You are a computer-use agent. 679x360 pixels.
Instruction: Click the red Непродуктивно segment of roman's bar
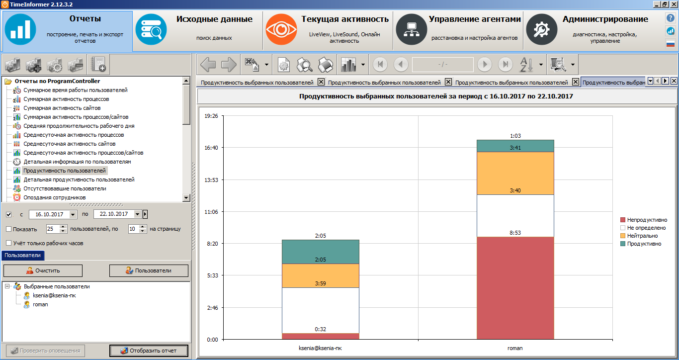515,288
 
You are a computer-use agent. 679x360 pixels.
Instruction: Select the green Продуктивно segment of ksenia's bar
320,252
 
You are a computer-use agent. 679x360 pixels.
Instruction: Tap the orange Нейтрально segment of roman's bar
515,173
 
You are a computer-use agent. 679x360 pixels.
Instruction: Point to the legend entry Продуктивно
644,244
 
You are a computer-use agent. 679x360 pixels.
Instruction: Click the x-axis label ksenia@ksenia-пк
320,348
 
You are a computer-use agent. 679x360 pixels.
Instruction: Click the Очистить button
43,270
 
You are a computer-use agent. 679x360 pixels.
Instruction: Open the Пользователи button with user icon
149,270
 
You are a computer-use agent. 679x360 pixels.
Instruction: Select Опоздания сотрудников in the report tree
54,197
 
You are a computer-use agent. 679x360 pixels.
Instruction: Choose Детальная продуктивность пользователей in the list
79,180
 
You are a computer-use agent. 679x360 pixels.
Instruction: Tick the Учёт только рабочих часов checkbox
9,243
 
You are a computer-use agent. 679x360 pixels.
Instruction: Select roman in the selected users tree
40,304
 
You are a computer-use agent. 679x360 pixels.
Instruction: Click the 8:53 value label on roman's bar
515,232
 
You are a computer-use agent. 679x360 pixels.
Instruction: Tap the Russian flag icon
671,43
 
